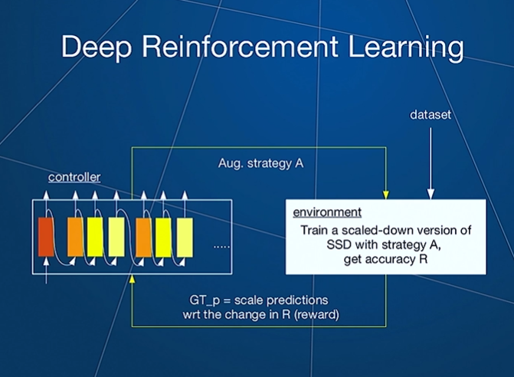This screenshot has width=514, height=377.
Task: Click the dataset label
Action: click(431, 115)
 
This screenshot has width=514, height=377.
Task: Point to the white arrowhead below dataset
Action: click(431, 194)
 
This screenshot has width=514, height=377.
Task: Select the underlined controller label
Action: click(74, 177)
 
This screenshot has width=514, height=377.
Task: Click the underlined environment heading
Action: click(327, 212)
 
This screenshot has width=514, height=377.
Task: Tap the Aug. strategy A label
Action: click(260, 163)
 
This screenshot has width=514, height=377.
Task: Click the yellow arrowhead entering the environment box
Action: click(386, 195)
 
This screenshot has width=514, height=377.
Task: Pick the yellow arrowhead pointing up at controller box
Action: click(132, 279)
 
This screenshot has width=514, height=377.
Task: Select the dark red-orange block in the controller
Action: click(46, 237)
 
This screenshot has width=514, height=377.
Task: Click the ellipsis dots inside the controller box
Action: click(221, 247)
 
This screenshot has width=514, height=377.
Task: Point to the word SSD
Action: click(339, 244)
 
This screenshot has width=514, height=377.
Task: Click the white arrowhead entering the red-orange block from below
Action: click(46, 261)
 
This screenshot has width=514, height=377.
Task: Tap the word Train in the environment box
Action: click(314, 230)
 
